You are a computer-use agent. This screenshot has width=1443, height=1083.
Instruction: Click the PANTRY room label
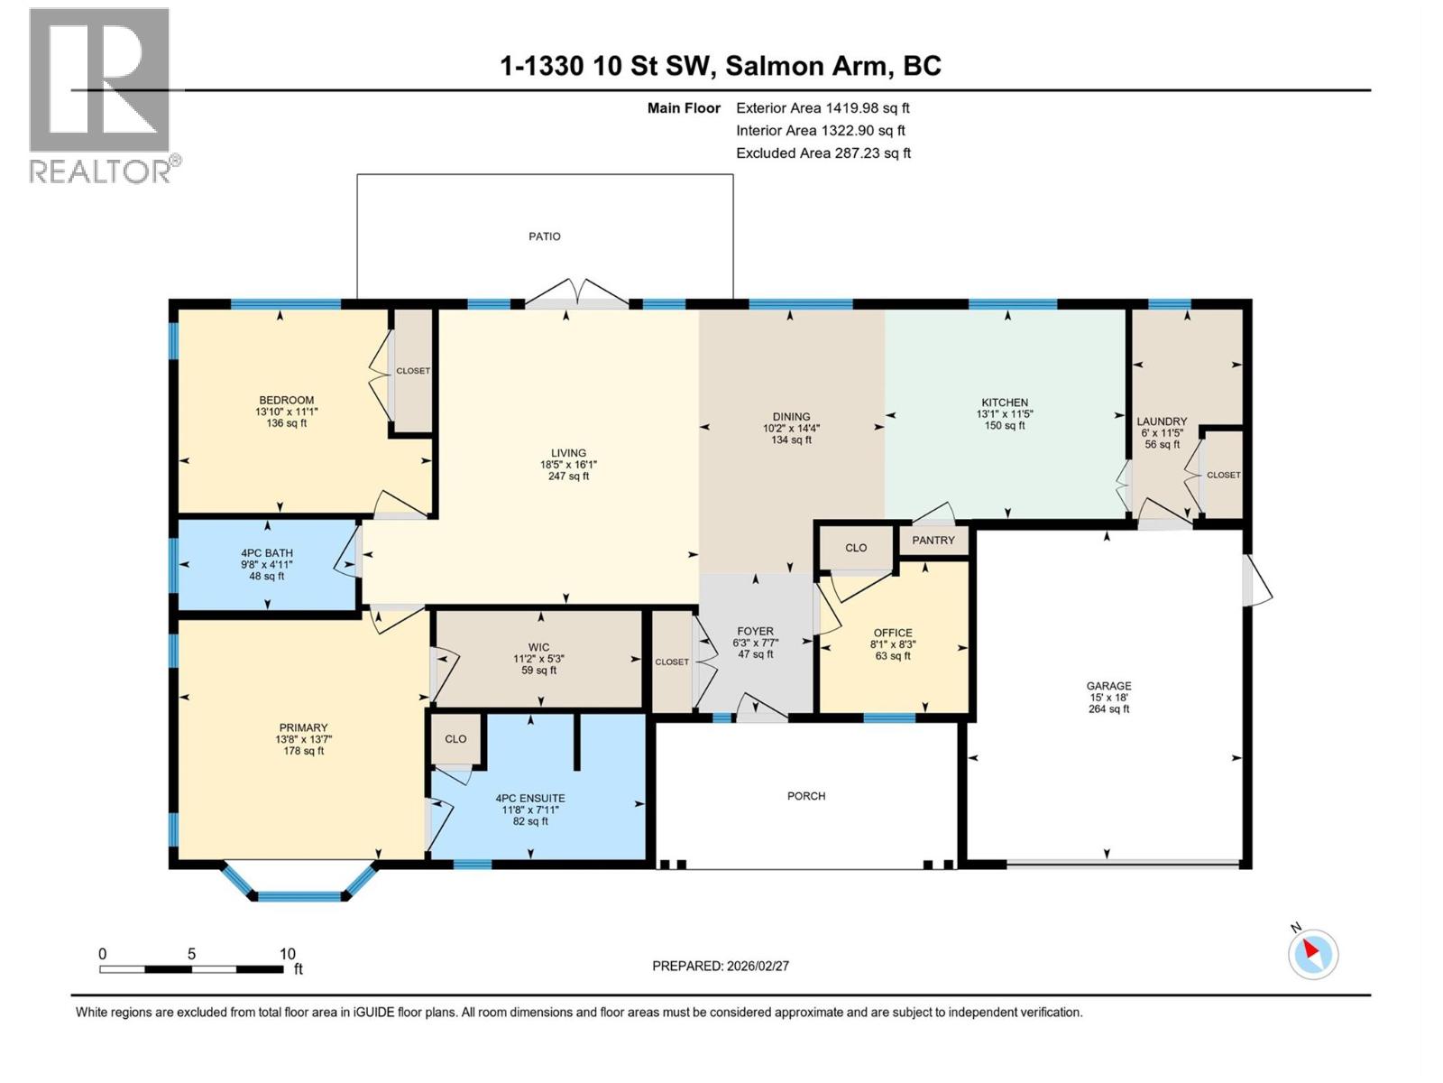pos(933,541)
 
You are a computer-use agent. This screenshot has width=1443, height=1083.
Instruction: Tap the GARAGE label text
pos(1108,686)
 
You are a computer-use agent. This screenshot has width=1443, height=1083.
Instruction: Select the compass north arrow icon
pos(1313,954)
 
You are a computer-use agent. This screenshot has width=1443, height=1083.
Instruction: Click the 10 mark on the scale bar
pos(287,954)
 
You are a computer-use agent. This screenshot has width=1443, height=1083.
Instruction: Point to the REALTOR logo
pos(101,96)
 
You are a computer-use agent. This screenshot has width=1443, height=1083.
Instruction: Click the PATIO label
pos(544,236)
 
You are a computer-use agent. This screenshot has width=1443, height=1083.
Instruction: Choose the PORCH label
pos(805,796)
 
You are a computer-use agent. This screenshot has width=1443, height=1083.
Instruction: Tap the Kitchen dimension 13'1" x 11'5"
pos(1005,414)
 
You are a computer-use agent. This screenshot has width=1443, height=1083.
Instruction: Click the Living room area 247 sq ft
pos(568,477)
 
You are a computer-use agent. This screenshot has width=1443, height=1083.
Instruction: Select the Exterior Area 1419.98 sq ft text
pos(823,108)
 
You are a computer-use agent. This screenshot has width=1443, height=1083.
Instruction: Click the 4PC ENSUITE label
pos(530,798)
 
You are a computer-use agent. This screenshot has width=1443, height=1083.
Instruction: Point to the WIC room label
pos(538,647)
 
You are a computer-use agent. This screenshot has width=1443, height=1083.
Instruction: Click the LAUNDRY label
pos(1162,421)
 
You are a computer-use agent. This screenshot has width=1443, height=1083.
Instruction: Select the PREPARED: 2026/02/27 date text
pos(721,966)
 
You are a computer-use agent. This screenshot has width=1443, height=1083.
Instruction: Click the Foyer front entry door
pos(761,708)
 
